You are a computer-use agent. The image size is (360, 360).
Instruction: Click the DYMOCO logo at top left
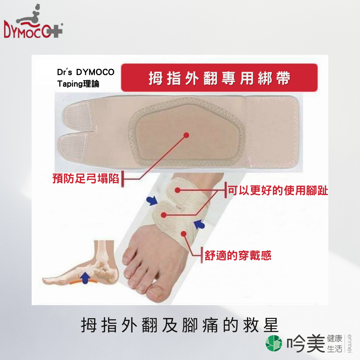[33, 22]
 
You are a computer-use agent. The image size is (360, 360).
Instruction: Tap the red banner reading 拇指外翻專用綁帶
[219, 78]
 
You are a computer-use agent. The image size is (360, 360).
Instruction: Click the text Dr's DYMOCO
[86, 72]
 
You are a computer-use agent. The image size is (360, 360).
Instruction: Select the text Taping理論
[78, 84]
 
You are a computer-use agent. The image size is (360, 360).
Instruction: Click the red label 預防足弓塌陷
[86, 178]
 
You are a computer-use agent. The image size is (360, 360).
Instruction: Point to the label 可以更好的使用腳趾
[278, 190]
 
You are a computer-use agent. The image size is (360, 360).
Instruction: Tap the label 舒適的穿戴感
[238, 255]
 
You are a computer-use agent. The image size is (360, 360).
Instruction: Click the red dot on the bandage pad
[186, 135]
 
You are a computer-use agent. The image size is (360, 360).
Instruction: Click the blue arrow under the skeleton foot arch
[85, 277]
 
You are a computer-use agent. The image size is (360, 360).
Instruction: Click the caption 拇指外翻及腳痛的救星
[180, 325]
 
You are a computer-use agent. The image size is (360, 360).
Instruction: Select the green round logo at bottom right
[274, 343]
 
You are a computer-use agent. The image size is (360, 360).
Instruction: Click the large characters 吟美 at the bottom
[306, 343]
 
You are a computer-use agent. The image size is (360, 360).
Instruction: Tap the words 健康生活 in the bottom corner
[335, 343]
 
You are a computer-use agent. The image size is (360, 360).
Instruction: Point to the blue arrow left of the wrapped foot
[152, 200]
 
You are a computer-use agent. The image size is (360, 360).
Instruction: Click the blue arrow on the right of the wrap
[199, 224]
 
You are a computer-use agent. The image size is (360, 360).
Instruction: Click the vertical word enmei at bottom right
[349, 343]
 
